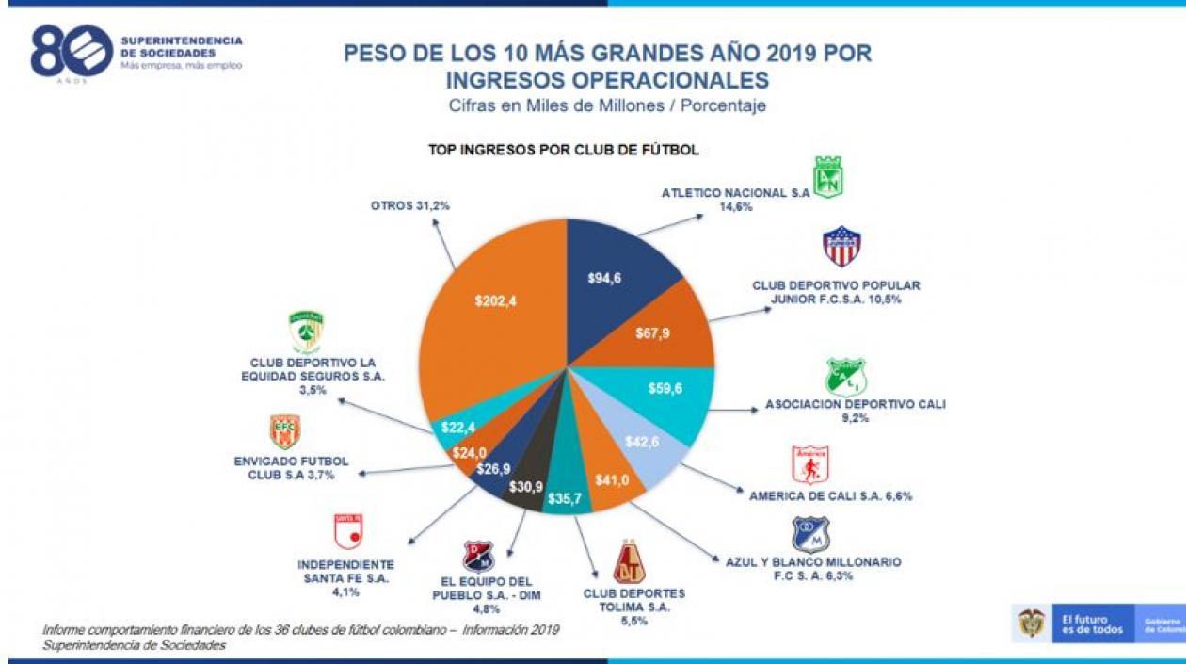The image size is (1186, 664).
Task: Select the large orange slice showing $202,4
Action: click(x=489, y=301)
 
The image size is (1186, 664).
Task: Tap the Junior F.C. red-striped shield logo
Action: click(x=841, y=247)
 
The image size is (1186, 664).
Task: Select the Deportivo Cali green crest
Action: click(x=844, y=378)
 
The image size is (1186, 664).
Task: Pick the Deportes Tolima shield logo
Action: click(x=629, y=563)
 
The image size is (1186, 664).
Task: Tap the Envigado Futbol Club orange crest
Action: click(x=284, y=431)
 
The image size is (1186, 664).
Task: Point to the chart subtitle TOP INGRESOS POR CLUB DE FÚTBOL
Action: click(x=563, y=150)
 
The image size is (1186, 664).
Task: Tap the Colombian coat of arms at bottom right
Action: click(x=1032, y=623)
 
